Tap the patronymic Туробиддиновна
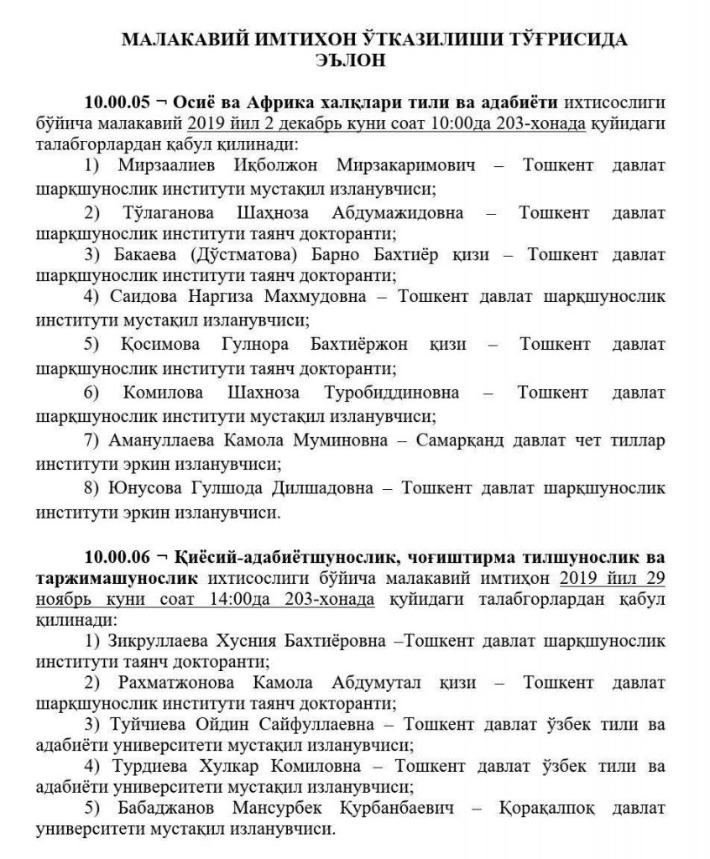tap(399, 391)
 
